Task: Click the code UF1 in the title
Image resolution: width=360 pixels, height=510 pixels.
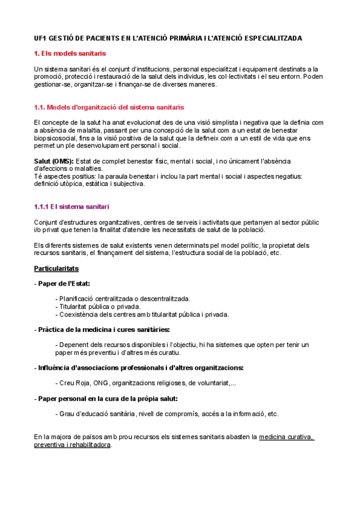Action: pos(41,38)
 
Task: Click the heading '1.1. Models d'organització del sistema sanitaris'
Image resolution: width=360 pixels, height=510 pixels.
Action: pos(109,107)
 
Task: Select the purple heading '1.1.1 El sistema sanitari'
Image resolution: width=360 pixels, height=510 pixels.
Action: pos(71,207)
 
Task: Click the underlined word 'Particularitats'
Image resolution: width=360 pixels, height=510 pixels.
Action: pos(56,268)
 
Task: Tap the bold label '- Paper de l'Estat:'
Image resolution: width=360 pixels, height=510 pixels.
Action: pos(63,283)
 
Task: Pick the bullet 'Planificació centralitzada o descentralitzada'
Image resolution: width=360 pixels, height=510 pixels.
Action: pos(123,298)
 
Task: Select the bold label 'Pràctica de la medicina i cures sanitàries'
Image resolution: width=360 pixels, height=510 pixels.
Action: pos(103,330)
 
